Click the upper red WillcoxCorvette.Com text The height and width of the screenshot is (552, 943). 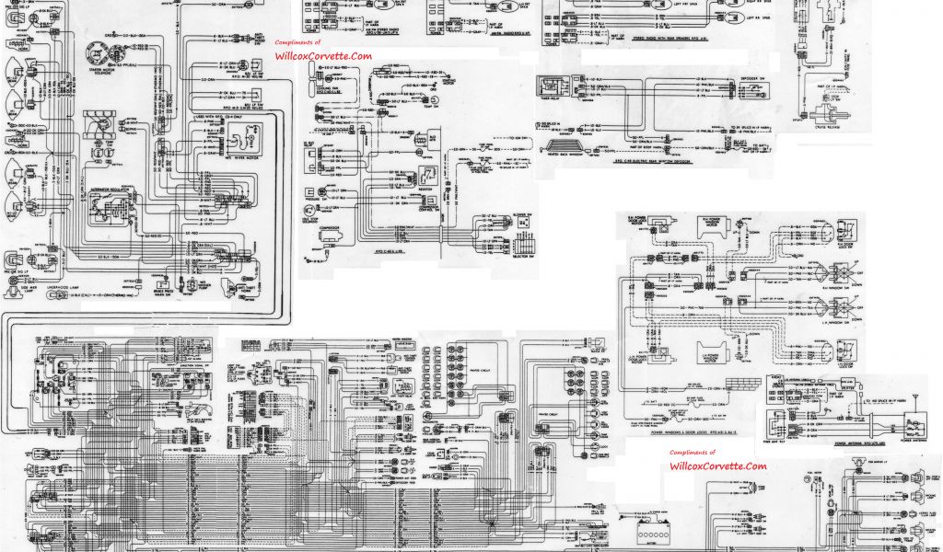(x=323, y=56)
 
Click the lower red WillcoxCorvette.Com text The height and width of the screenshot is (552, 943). (x=717, y=466)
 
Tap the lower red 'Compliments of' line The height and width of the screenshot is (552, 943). (x=693, y=453)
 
